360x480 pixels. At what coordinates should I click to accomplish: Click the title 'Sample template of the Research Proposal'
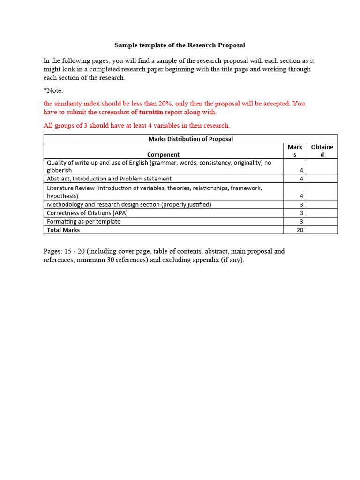click(180, 45)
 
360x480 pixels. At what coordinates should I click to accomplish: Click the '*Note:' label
click(53, 90)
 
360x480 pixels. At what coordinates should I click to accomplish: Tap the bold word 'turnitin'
click(151, 112)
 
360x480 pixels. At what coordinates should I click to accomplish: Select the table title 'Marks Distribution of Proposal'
click(190, 139)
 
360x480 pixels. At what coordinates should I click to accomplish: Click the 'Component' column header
click(163, 154)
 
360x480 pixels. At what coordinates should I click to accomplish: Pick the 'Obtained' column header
click(322, 150)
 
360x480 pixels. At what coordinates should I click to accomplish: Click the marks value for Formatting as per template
click(301, 222)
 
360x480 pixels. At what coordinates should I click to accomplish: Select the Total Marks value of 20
click(300, 230)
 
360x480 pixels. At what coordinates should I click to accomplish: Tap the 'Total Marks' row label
click(63, 230)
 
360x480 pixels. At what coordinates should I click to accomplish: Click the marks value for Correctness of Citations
click(301, 213)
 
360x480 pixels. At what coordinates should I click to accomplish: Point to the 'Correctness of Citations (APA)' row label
click(87, 213)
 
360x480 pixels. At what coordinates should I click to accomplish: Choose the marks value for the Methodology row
click(301, 205)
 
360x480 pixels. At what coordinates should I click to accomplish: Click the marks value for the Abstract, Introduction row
click(301, 179)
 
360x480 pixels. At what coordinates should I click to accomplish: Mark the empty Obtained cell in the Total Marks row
click(322, 230)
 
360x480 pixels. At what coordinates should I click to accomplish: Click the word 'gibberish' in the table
click(60, 170)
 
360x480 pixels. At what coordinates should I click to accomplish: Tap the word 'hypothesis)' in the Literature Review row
click(62, 196)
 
